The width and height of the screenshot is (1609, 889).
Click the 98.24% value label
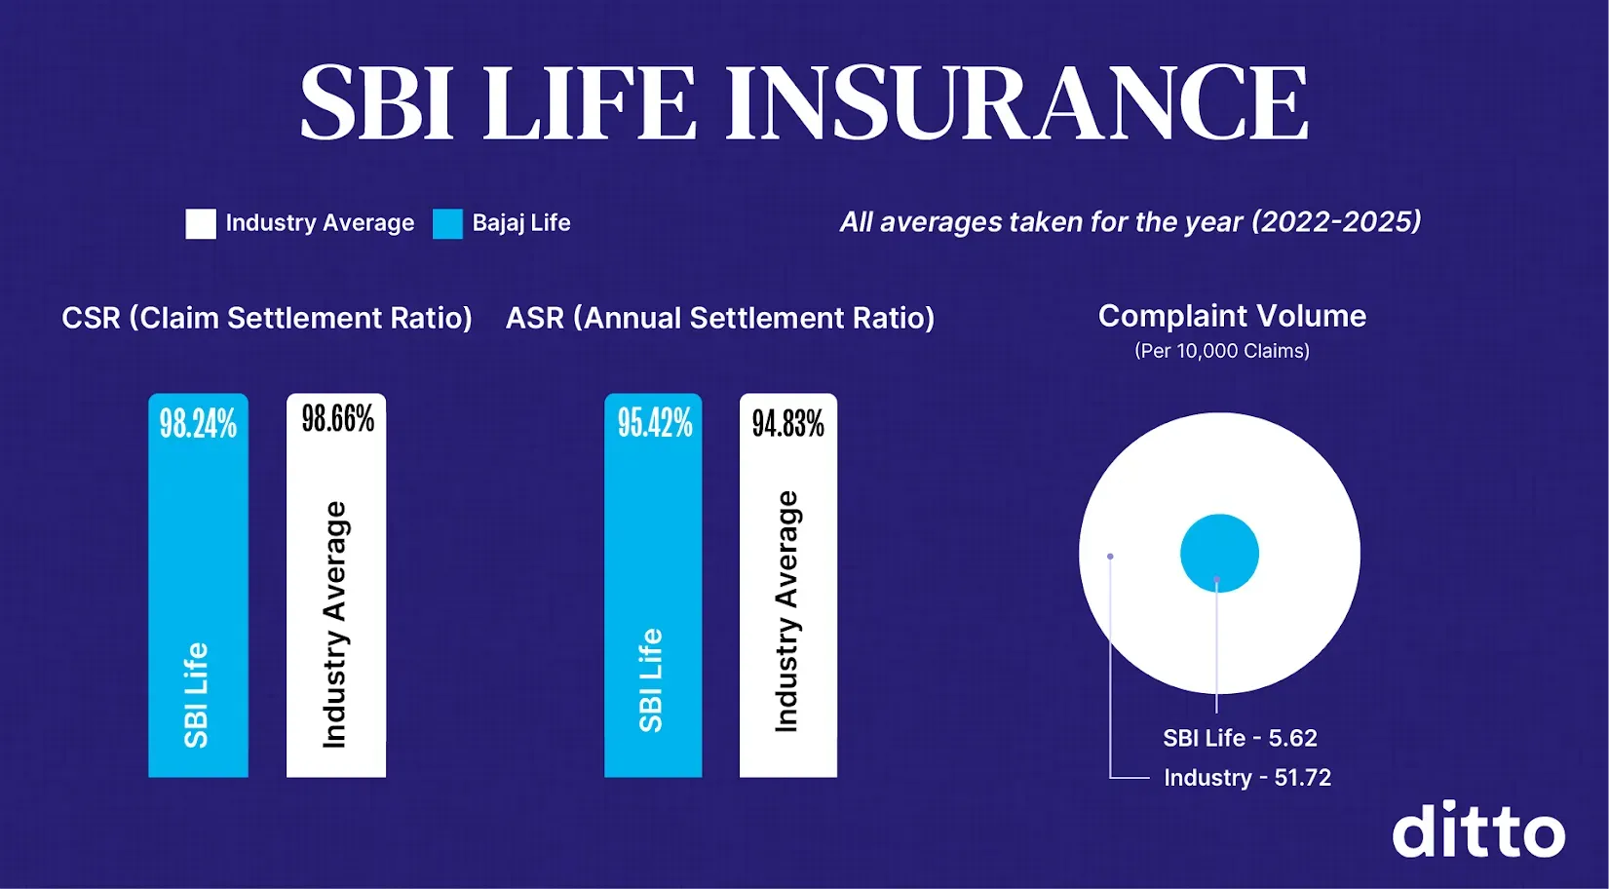coord(198,424)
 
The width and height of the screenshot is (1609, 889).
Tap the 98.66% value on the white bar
coord(337,419)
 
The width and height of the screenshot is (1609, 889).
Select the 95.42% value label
coord(654,423)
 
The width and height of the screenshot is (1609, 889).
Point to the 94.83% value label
coord(787,423)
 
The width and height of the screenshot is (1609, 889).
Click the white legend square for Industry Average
coord(201,223)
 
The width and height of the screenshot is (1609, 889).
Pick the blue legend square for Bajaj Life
coord(447,223)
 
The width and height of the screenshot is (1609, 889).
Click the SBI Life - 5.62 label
coord(1240,738)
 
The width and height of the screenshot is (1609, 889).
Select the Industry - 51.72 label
coord(1247,778)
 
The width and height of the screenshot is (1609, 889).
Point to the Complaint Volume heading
coord(1232,316)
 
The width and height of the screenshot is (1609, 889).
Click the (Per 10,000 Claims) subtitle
coord(1222,351)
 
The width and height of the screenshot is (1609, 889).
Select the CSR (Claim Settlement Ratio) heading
coord(267,318)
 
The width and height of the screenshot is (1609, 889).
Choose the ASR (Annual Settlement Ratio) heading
coord(720,318)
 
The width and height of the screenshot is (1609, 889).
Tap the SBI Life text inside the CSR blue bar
coord(196,694)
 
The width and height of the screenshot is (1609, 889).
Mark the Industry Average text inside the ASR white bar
coord(786,611)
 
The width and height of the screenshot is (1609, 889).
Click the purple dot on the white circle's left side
coord(1110,557)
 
